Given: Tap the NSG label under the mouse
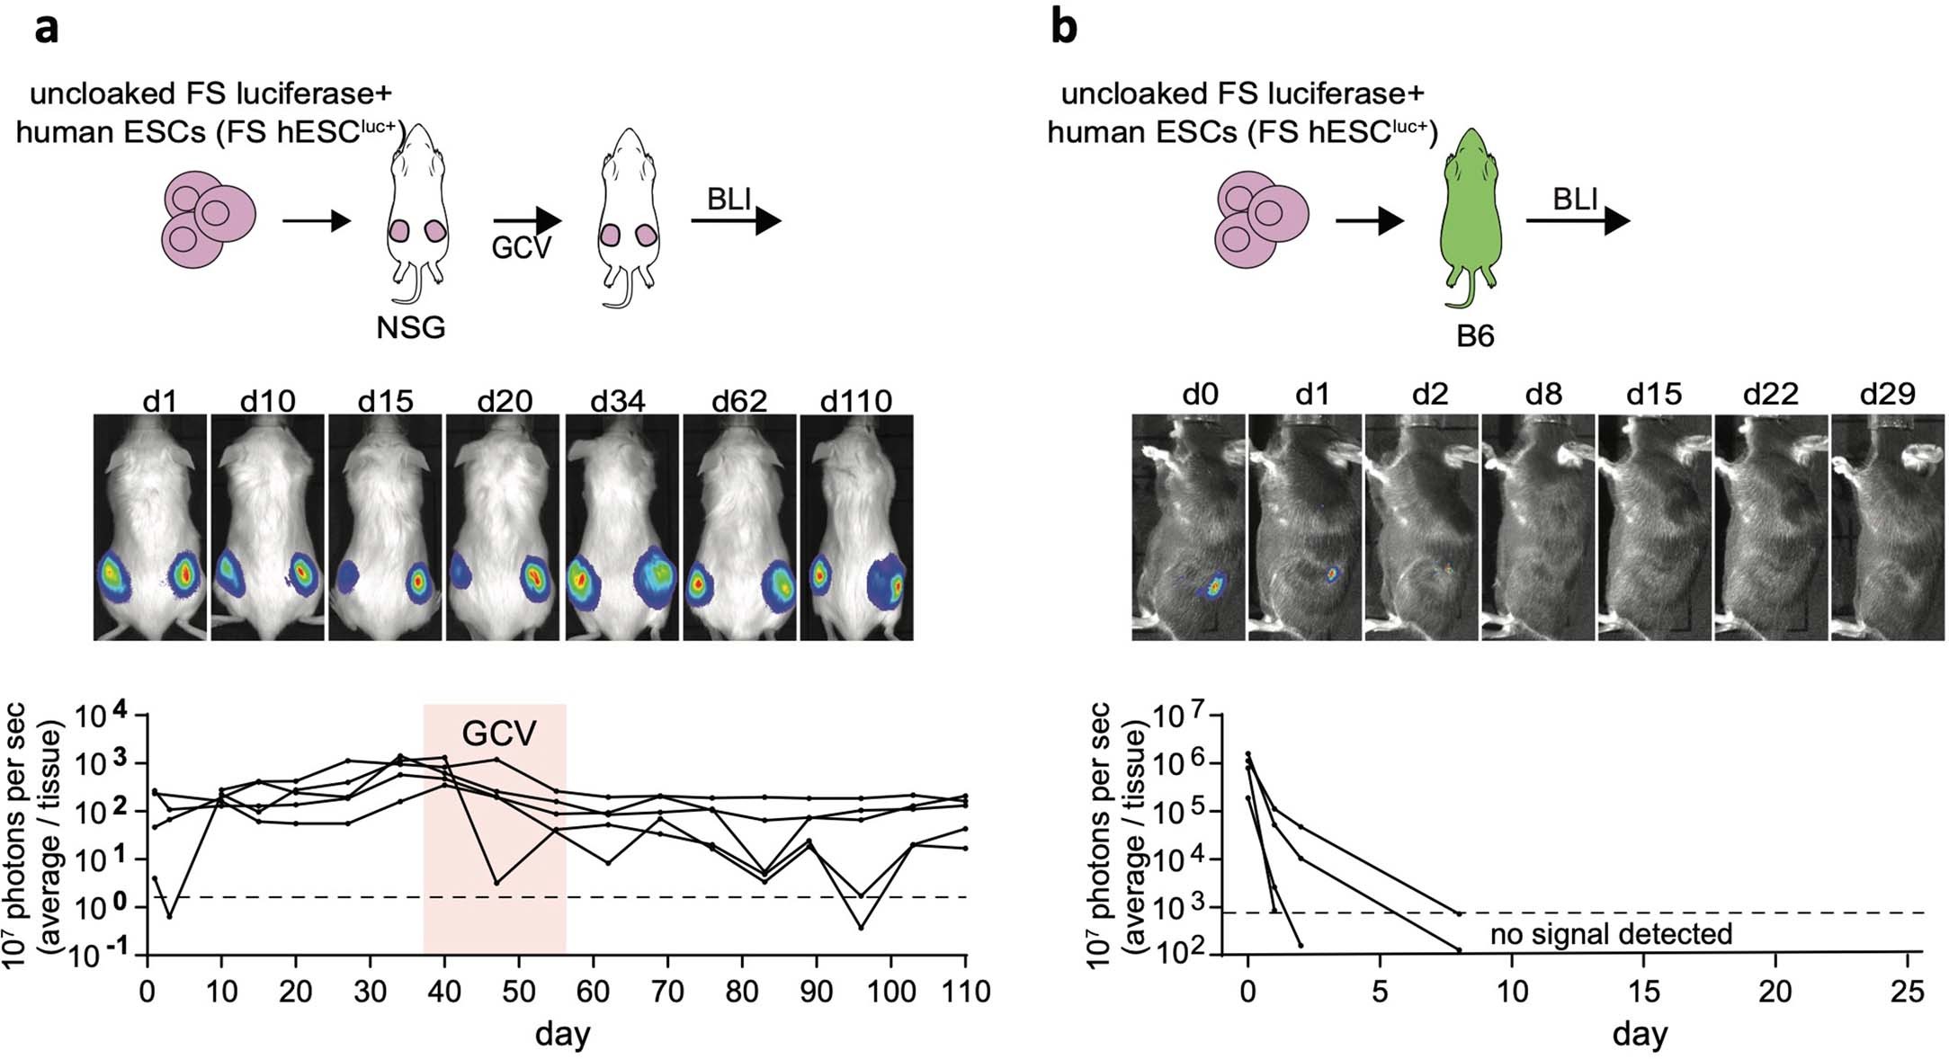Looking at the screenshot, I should click(411, 327).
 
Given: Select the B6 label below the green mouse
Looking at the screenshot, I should click(1475, 336).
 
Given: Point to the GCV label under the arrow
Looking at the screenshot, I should click(521, 247).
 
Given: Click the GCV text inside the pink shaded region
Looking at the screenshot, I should click(498, 734).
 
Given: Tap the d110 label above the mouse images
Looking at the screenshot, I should click(855, 400).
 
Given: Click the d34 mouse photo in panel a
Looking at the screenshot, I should click(621, 528).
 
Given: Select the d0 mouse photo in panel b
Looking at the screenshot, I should click(1187, 528).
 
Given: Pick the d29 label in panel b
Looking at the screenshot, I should click(1887, 394).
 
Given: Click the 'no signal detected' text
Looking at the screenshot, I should click(1611, 934).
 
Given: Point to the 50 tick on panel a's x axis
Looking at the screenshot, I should click(517, 992).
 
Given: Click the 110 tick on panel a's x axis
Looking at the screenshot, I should click(965, 992).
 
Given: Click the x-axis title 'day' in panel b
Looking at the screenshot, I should click(1640, 1034).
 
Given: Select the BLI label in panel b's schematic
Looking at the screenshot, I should click(1574, 200).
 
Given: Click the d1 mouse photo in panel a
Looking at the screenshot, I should click(151, 528).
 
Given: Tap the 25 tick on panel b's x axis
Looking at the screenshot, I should click(1907, 992).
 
